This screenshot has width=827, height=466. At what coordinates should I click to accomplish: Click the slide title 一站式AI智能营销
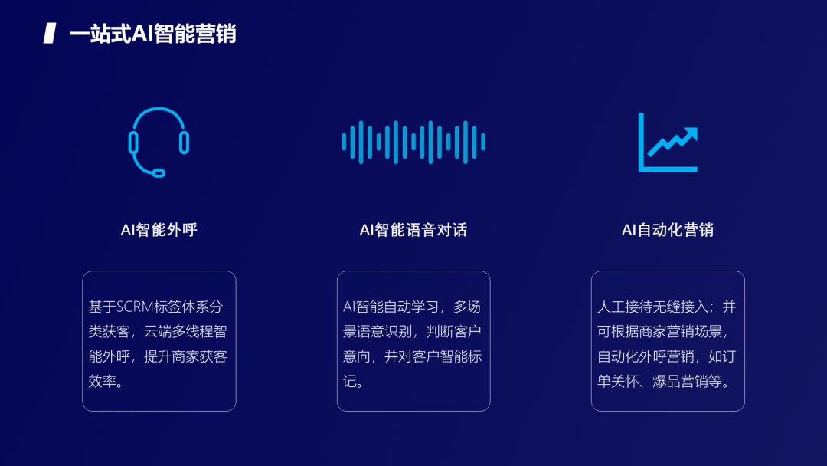click(x=152, y=34)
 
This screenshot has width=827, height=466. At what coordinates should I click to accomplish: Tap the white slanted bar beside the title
click(x=50, y=34)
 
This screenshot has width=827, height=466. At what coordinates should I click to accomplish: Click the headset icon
click(x=159, y=142)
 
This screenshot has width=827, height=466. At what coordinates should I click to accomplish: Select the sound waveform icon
click(x=413, y=142)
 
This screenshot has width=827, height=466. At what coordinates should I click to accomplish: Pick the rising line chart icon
click(x=668, y=143)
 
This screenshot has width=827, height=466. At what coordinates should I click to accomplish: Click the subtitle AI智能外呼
click(x=159, y=230)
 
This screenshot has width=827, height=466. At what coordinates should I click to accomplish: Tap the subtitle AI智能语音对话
click(x=413, y=230)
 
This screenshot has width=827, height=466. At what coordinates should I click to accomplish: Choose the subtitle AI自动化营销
click(x=668, y=230)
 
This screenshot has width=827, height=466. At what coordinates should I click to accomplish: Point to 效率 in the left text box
click(x=101, y=381)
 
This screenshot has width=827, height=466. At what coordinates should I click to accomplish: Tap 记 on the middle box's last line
click(x=351, y=381)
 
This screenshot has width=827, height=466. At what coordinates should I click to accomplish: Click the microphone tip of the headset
click(x=159, y=172)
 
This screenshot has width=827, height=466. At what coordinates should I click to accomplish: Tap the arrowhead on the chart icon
click(x=693, y=133)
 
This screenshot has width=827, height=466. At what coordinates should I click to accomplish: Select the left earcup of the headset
click(x=133, y=143)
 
